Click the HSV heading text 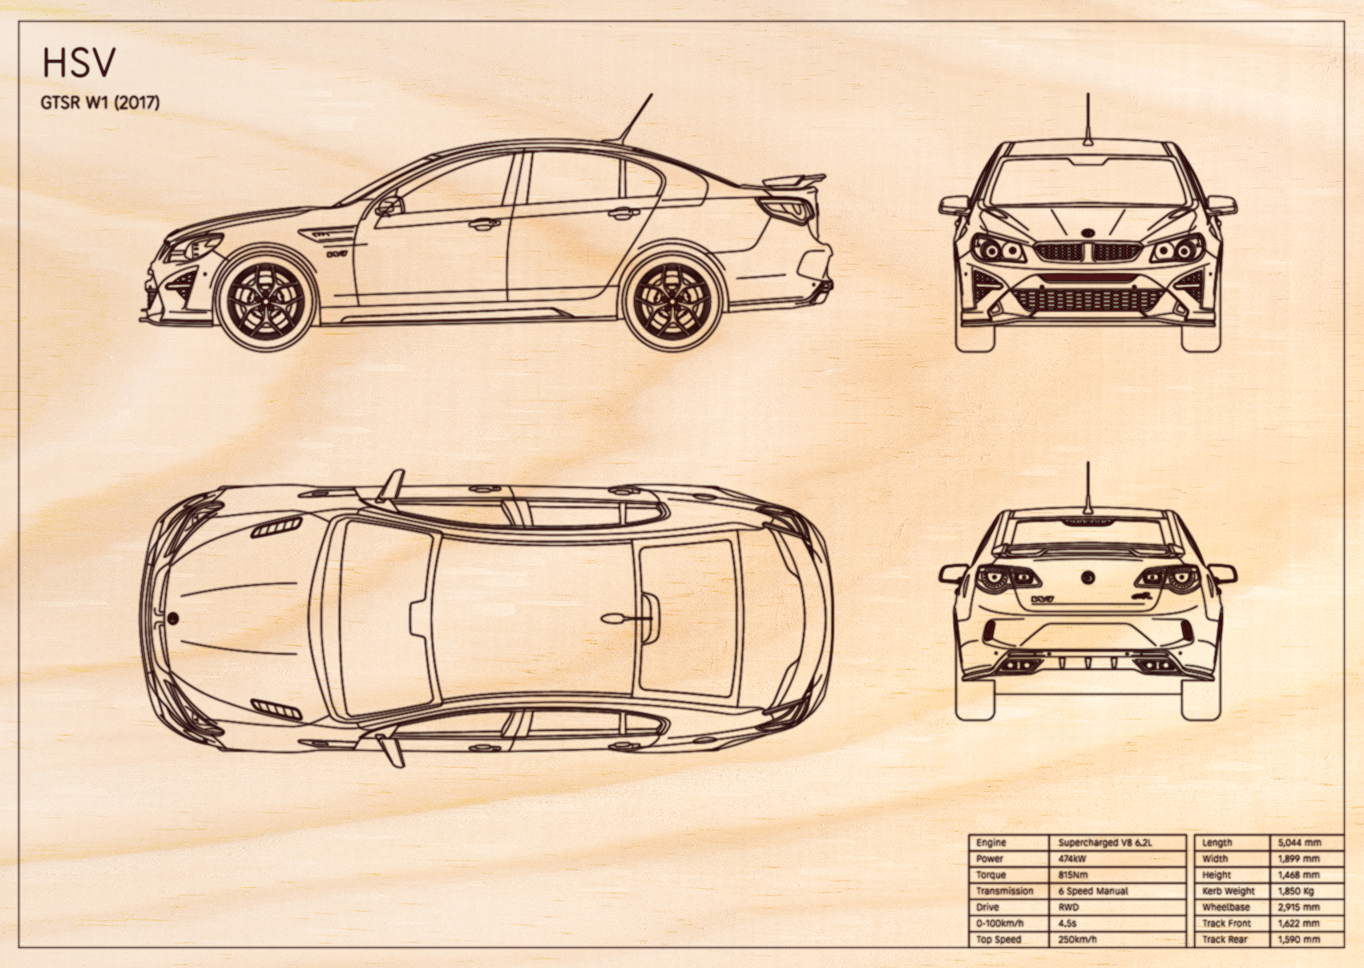(x=79, y=63)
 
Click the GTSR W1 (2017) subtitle (x=100, y=103)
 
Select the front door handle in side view (x=484, y=224)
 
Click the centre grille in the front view (x=1087, y=252)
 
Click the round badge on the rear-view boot (x=1088, y=577)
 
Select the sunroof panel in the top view (x=686, y=619)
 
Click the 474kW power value (x=1072, y=858)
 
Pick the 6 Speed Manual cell (x=1093, y=891)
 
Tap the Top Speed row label (x=999, y=939)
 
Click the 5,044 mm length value (x=1299, y=842)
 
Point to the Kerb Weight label (x=1229, y=891)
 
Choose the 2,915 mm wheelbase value (x=1298, y=906)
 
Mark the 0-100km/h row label (x=1000, y=923)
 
